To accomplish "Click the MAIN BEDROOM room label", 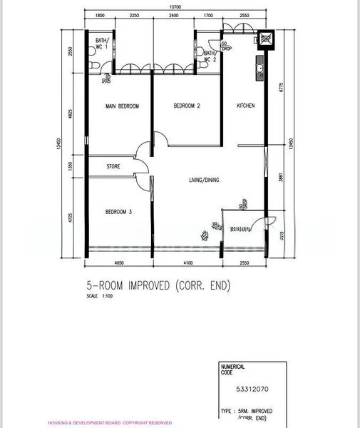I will (122, 106).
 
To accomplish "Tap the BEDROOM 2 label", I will (187, 106).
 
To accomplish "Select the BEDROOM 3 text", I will (118, 211).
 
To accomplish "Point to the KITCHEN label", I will (246, 106).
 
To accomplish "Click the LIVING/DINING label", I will (204, 180).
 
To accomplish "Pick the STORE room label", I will (113, 166).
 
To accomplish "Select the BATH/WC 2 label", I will (210, 56).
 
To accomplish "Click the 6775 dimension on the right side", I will (282, 88).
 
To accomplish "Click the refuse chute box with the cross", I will (266, 39).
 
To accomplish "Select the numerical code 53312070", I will (252, 389).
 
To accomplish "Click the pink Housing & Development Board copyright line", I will (110, 423).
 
